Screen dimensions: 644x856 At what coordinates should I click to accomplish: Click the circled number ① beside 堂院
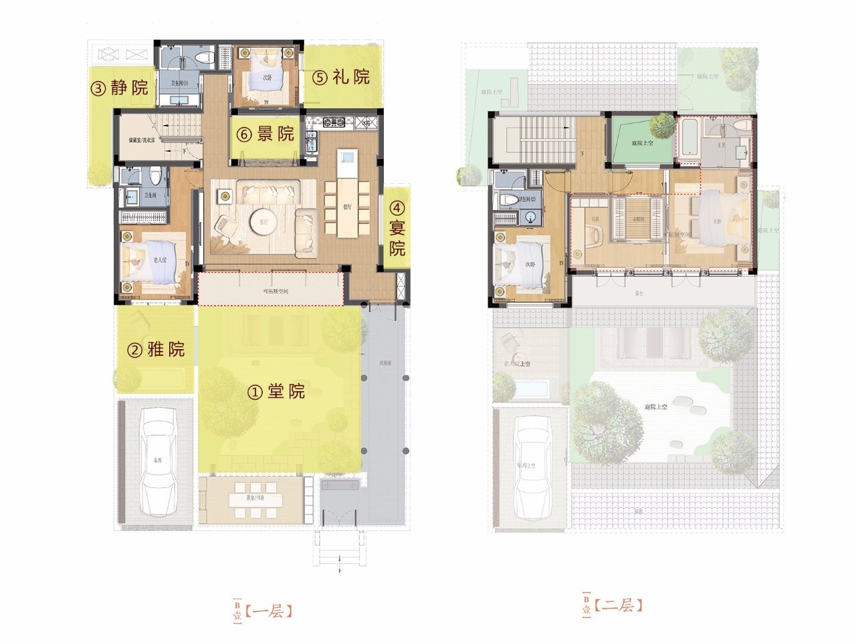tap(255, 393)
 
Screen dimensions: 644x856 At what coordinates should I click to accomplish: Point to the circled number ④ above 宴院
tap(397, 209)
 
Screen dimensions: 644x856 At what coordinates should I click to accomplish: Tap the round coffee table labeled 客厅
tap(259, 221)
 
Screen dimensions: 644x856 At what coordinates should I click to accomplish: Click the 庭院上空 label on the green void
tap(642, 143)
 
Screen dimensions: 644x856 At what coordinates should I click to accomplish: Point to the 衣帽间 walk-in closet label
tap(639, 219)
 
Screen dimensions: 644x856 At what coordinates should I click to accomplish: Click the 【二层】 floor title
tap(618, 606)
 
